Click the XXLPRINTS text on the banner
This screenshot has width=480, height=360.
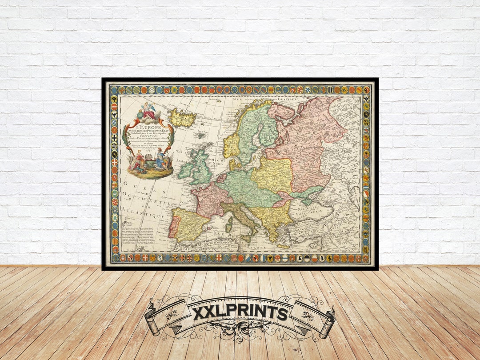tap(240, 313)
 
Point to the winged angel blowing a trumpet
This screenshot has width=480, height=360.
tap(148, 110)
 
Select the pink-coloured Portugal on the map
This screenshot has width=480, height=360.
tap(173, 227)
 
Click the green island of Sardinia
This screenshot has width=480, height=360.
tap(229, 224)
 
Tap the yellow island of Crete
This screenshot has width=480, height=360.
tap(282, 245)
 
